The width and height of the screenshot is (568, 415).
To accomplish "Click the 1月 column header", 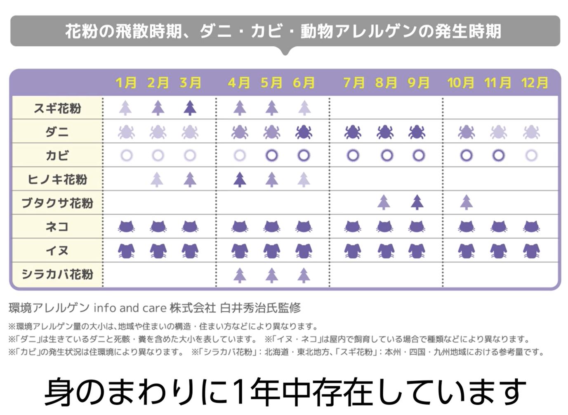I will pyautogui.click(x=126, y=83).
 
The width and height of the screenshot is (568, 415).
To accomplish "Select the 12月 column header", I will pyautogui.click(x=535, y=83).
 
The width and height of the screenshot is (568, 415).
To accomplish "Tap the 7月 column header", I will pyautogui.click(x=354, y=83).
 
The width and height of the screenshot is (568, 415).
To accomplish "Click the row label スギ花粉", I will pyautogui.click(x=57, y=108).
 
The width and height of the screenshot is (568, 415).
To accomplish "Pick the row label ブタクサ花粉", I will pyautogui.click(x=57, y=203).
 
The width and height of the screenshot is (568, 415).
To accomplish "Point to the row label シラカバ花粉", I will pyautogui.click(x=57, y=274).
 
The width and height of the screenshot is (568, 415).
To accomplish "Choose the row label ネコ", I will pyautogui.click(x=57, y=226).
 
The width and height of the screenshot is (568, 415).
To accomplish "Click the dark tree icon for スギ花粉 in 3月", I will pyautogui.click(x=190, y=108).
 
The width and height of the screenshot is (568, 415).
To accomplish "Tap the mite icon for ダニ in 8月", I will pyautogui.click(x=385, y=132).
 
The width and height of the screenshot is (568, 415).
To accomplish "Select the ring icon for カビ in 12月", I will pyautogui.click(x=531, y=156).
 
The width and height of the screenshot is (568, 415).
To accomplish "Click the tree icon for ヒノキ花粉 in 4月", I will pyautogui.click(x=240, y=179).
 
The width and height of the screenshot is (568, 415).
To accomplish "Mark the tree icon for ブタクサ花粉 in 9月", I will pyautogui.click(x=417, y=203).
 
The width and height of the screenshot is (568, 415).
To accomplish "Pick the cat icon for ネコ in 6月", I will pyautogui.click(x=304, y=226).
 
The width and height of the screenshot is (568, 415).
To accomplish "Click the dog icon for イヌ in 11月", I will pyautogui.click(x=498, y=250).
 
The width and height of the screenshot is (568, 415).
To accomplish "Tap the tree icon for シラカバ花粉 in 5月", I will pyautogui.click(x=271, y=275).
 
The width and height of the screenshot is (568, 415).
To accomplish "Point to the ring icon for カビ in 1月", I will pyautogui.click(x=126, y=156).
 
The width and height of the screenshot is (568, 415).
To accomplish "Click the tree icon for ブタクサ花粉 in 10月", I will pyautogui.click(x=467, y=203).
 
